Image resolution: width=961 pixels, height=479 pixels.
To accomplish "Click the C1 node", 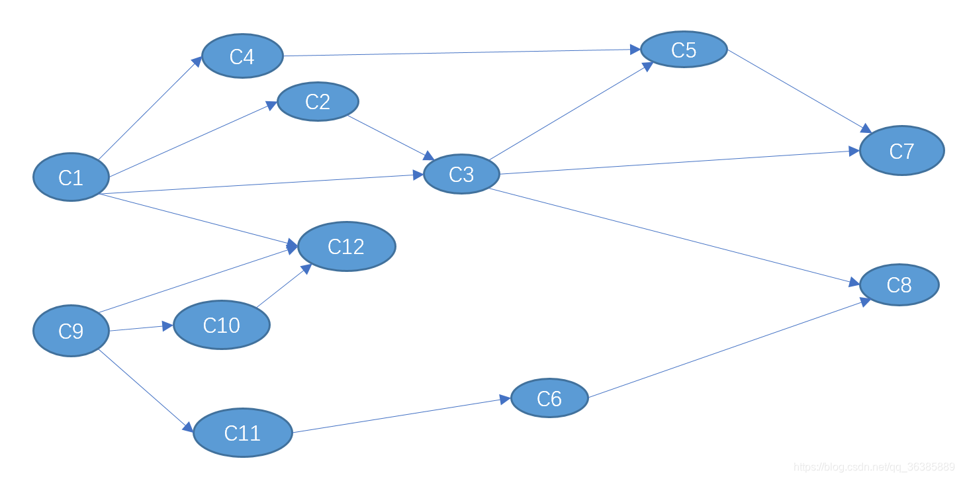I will (x=71, y=177).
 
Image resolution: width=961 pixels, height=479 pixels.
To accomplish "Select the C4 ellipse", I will (x=242, y=56).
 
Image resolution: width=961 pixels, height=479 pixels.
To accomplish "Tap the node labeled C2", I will (x=318, y=101).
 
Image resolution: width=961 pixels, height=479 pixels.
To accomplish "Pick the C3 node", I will (x=461, y=174).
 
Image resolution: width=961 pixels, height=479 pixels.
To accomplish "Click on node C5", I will (x=684, y=50).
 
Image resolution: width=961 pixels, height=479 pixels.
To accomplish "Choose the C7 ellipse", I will (x=901, y=151).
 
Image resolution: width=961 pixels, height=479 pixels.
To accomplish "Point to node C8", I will (x=899, y=284).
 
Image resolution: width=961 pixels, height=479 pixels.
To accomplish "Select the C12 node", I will (x=346, y=246).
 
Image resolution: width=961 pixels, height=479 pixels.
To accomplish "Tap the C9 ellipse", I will (x=71, y=330).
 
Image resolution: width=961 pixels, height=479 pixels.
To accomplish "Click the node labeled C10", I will (x=222, y=325).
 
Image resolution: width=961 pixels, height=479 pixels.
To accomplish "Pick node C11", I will (x=242, y=433).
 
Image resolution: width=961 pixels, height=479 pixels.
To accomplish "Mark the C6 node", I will (x=549, y=398).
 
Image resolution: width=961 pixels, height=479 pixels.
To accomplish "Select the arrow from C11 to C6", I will (x=401, y=416).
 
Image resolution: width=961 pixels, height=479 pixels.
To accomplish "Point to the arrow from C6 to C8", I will (x=728, y=349).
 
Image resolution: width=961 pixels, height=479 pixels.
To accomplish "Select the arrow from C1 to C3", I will (x=265, y=185).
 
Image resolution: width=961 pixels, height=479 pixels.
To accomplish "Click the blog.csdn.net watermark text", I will (x=874, y=467).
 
